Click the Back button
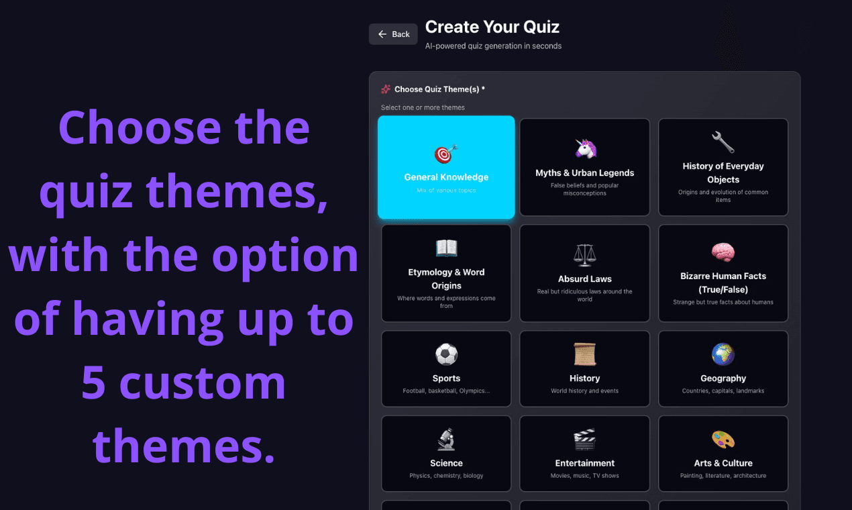click(393, 34)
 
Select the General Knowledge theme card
click(446, 168)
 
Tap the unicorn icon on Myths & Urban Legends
click(585, 149)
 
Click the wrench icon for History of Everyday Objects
click(723, 142)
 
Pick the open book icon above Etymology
click(446, 248)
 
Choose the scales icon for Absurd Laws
click(585, 255)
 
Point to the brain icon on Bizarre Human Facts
click(723, 252)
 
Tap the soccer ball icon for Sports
click(446, 354)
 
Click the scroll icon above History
click(585, 354)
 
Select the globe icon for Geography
click(723, 354)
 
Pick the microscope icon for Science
click(446, 439)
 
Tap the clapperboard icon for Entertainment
click(585, 439)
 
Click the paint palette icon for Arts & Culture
click(723, 439)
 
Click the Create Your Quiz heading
click(492, 27)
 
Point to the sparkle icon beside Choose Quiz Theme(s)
click(386, 89)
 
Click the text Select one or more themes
click(423, 107)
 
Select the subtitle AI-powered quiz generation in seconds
click(493, 46)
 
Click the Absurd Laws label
click(585, 279)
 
